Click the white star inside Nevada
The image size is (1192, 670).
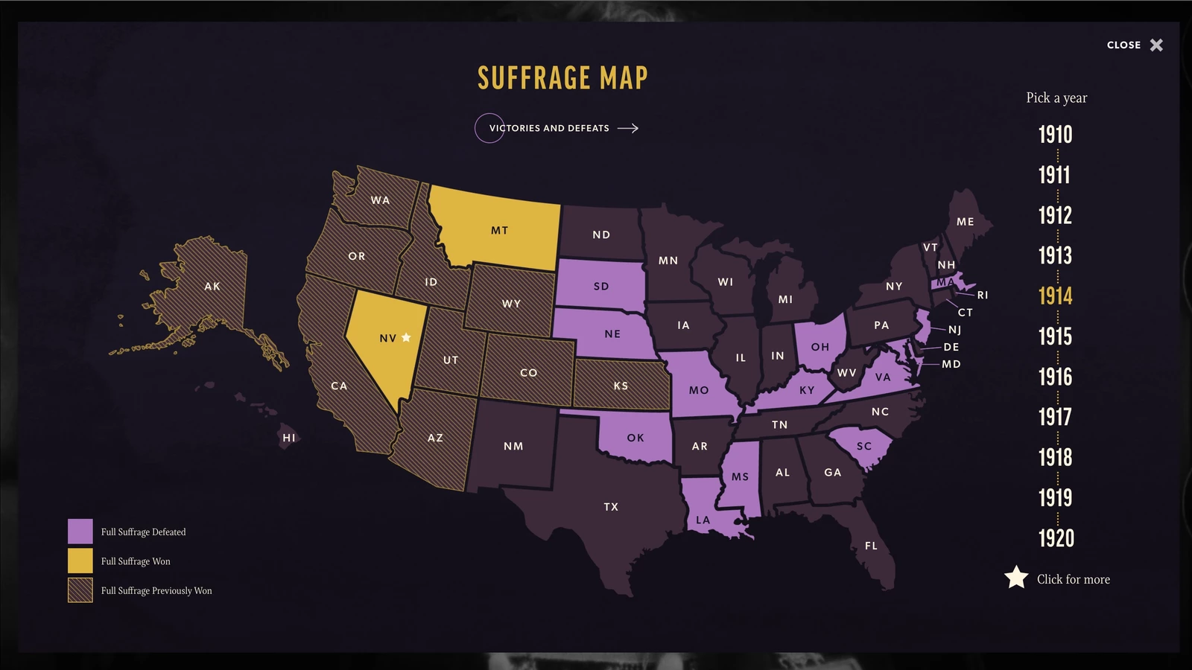406,337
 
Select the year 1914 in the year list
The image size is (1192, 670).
1056,296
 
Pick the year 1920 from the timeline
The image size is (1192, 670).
1056,538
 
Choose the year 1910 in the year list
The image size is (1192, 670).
1056,135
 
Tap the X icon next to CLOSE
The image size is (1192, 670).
1156,45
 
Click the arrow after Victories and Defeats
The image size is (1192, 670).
628,128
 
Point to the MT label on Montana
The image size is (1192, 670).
499,231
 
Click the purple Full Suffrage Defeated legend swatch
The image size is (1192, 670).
80,532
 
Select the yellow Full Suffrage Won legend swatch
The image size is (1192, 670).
80,561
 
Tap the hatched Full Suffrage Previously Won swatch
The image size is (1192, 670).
80,590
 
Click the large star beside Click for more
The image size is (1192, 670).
1016,578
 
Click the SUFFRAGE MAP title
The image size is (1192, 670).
562,78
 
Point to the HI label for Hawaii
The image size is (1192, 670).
289,438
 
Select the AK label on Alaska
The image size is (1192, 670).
212,287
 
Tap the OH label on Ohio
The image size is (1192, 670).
819,347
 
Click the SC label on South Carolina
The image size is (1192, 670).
863,447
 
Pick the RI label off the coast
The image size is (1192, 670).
983,296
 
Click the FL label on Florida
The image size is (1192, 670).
871,546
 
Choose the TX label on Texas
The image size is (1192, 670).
611,507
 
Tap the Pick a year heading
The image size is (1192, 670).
1056,98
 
